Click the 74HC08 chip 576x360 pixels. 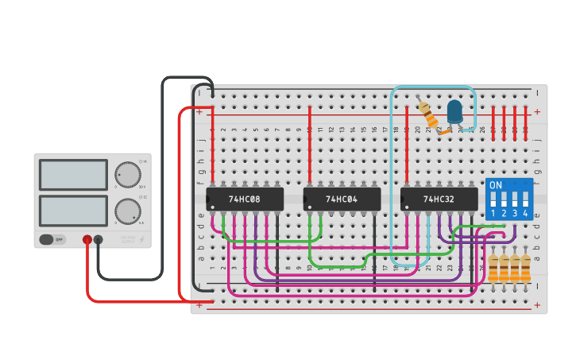(x=245, y=199)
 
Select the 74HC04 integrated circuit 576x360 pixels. (x=342, y=199)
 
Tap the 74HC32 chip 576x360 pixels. (x=439, y=199)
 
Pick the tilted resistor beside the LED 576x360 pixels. (x=429, y=115)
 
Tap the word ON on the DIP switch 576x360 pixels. (x=496, y=185)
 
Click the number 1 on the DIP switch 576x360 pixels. (x=493, y=214)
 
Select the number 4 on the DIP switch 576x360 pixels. (x=525, y=214)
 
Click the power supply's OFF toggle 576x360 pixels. (x=52, y=239)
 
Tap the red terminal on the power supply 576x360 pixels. (x=87, y=239)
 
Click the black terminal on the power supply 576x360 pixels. (x=99, y=239)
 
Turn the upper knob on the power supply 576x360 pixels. (x=127, y=174)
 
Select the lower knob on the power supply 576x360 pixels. (x=127, y=211)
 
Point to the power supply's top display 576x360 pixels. (x=73, y=175)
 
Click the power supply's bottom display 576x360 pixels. (x=73, y=211)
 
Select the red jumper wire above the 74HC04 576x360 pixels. (x=310, y=143)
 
